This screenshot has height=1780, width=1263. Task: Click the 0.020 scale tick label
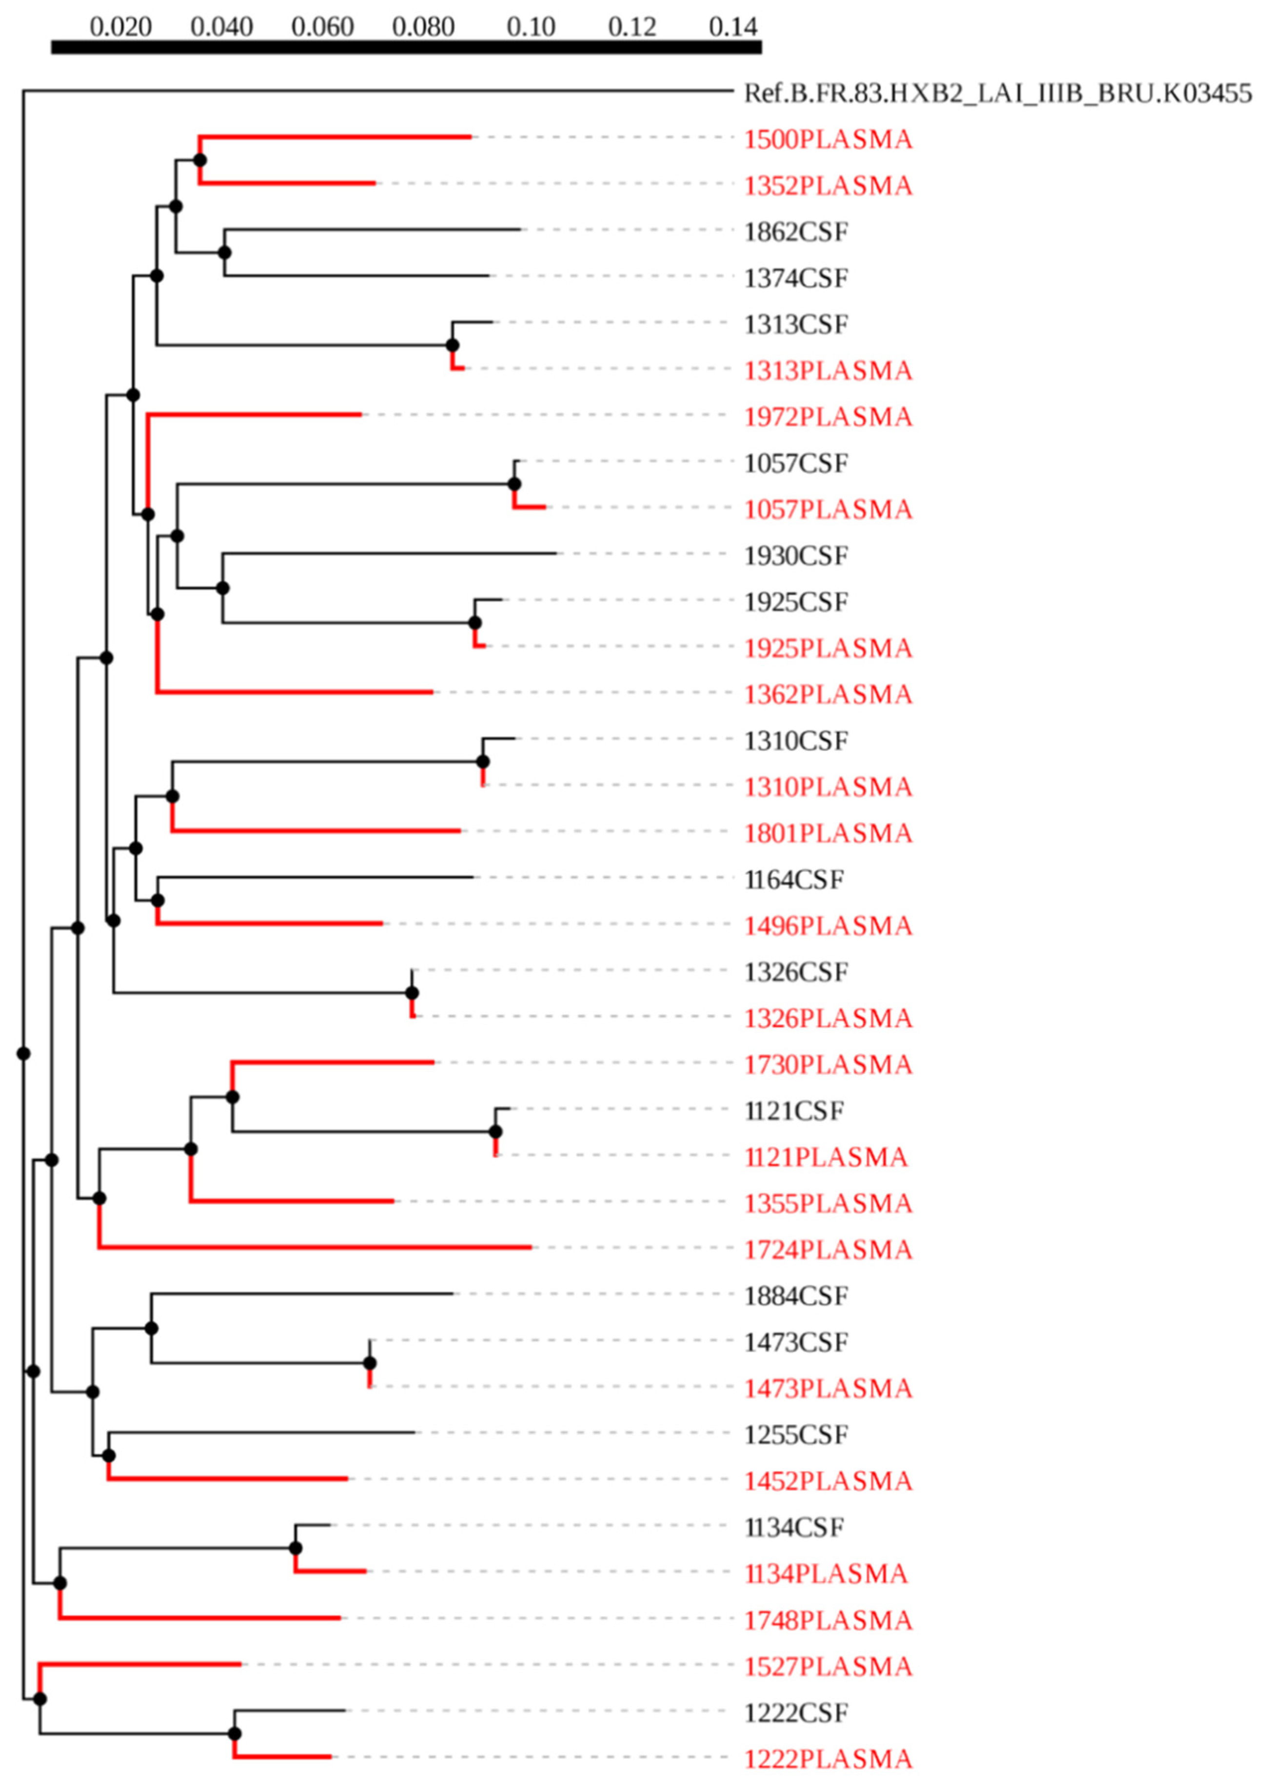coord(120,27)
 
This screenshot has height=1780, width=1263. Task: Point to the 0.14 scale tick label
coord(732,27)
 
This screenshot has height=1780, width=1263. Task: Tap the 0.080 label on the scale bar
coord(423,27)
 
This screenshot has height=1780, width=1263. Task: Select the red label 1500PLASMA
coord(828,140)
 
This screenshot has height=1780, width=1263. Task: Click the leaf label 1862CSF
coord(796,232)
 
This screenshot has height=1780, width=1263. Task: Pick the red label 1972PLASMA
coord(828,417)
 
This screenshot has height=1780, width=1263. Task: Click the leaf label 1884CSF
coord(796,1296)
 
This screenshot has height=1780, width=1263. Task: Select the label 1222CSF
coord(796,1713)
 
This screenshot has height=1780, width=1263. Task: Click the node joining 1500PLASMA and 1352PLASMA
coord(200,160)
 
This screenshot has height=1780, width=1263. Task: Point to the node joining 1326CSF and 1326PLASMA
coord(412,993)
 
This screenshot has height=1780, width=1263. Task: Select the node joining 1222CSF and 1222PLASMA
coord(234,1734)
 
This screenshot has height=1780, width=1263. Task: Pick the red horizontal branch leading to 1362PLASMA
coord(296,691)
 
